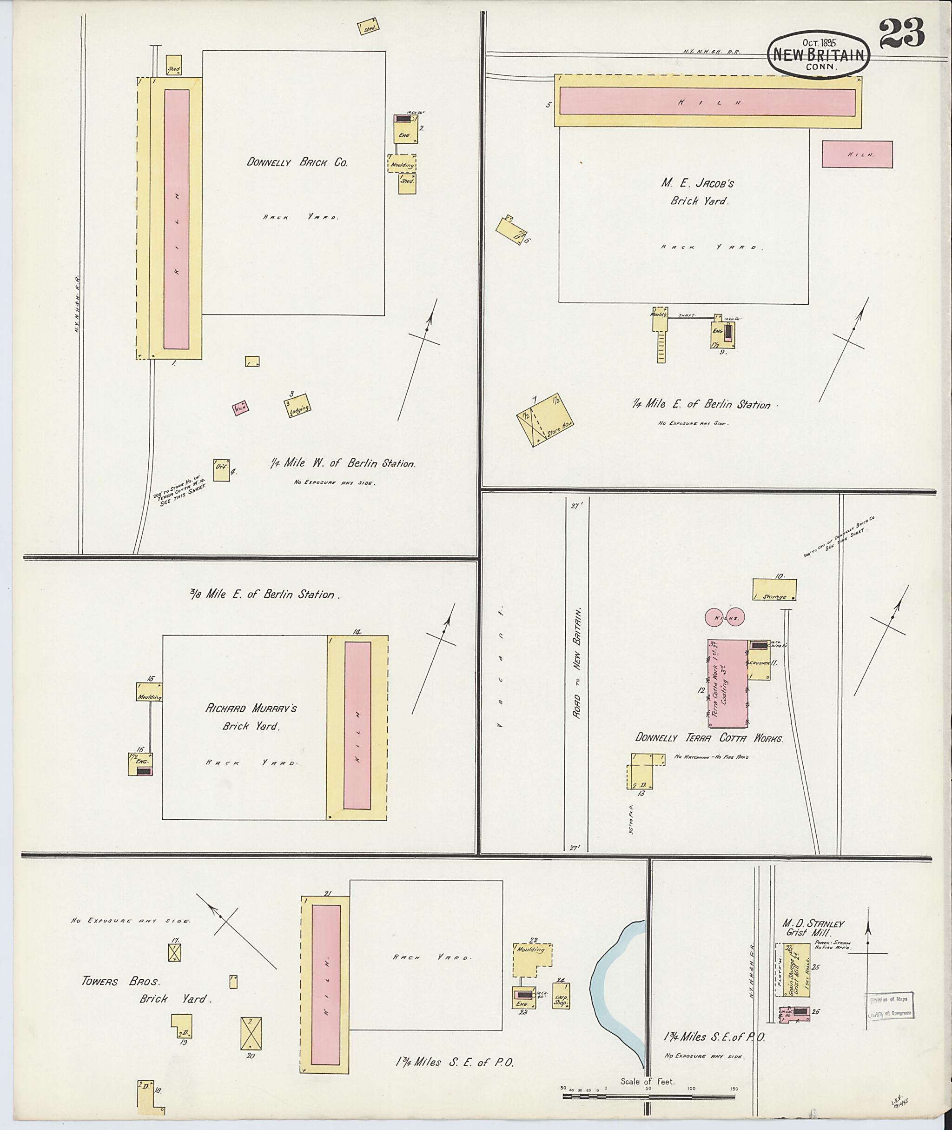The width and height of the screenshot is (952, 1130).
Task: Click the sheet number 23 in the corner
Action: (901, 33)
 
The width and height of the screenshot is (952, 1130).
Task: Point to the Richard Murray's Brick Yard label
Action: (251, 717)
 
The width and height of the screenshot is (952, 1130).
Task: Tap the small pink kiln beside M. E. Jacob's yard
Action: (857, 154)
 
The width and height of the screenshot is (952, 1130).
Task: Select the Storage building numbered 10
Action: (774, 589)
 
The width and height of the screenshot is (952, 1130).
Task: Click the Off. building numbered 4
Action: (221, 469)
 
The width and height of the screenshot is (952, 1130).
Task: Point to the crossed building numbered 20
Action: (251, 1033)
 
